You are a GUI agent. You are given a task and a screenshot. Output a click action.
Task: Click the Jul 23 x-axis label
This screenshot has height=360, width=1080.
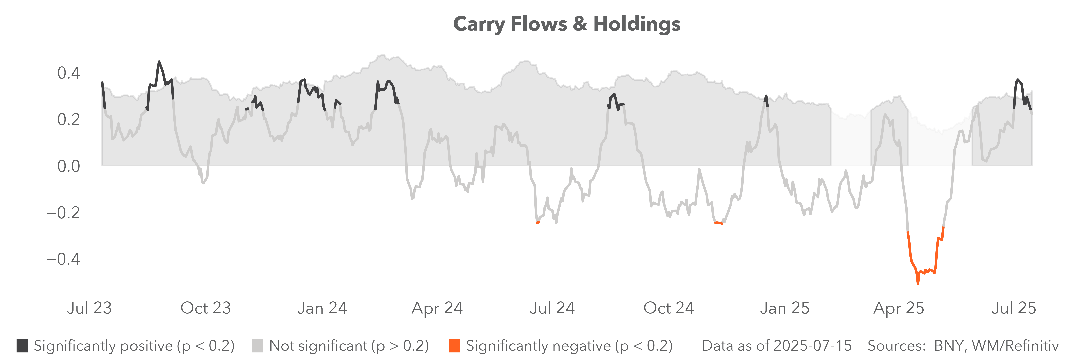click(89, 308)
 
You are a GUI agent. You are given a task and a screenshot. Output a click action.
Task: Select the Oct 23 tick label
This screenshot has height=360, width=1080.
click(205, 308)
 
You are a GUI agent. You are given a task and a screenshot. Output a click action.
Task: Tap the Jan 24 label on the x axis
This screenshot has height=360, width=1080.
click(322, 308)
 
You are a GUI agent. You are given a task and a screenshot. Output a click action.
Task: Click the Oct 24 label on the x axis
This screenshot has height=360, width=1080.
click(669, 308)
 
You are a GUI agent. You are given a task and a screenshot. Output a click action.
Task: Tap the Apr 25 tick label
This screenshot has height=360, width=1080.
click(898, 308)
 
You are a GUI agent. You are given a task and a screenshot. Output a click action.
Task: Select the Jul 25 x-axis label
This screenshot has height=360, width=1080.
click(1013, 308)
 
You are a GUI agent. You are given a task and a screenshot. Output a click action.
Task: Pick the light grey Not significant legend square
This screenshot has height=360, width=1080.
click(257, 346)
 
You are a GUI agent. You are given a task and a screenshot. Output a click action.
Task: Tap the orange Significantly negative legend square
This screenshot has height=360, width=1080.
click(454, 346)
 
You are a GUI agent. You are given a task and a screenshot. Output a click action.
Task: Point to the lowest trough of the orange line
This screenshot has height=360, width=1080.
click(918, 283)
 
